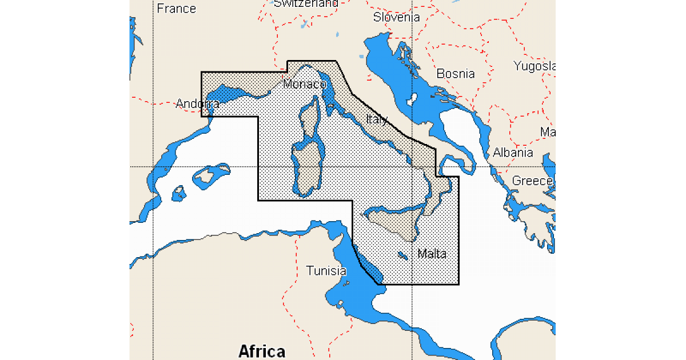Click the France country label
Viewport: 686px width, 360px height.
coord(176,9)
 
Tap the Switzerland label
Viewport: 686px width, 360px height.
coord(306,3)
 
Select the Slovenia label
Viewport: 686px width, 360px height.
coord(396,17)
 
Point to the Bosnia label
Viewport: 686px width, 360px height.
coord(455,74)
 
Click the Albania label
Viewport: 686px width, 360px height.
coord(513,153)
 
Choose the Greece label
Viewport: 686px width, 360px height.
coord(533,181)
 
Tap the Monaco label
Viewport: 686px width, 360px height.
coord(304,85)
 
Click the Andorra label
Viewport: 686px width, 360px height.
coord(197,104)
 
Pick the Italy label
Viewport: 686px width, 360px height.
coord(377,119)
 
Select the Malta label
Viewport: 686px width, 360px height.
coord(432,254)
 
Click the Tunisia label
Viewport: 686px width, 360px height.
coord(326,271)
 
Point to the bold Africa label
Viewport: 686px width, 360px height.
coord(261,350)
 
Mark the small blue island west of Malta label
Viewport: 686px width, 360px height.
coord(402,255)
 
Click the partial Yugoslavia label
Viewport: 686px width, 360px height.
coord(534,66)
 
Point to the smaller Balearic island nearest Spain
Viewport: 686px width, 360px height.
coord(179,193)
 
